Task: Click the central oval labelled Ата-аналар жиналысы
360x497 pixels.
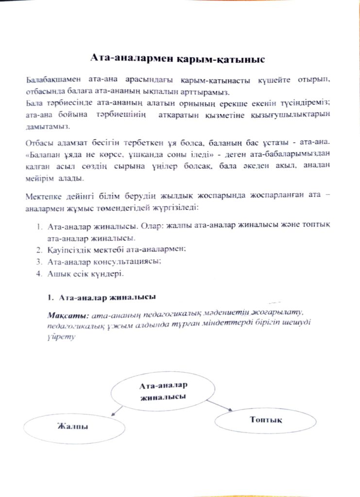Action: click(163, 391)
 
